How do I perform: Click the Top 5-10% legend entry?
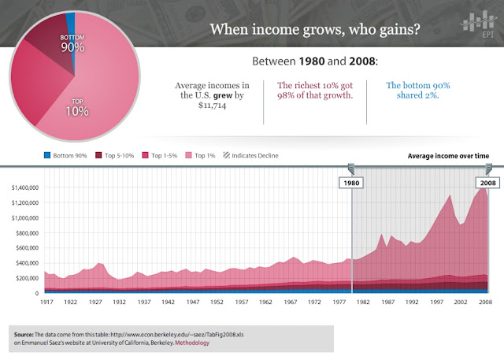pyautogui.click(x=114, y=155)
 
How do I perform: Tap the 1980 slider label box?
pyautogui.click(x=352, y=182)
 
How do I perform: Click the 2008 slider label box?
pyautogui.click(x=488, y=182)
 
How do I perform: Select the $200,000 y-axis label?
pyautogui.click(x=28, y=278)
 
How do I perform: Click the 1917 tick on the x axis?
pyautogui.click(x=46, y=302)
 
